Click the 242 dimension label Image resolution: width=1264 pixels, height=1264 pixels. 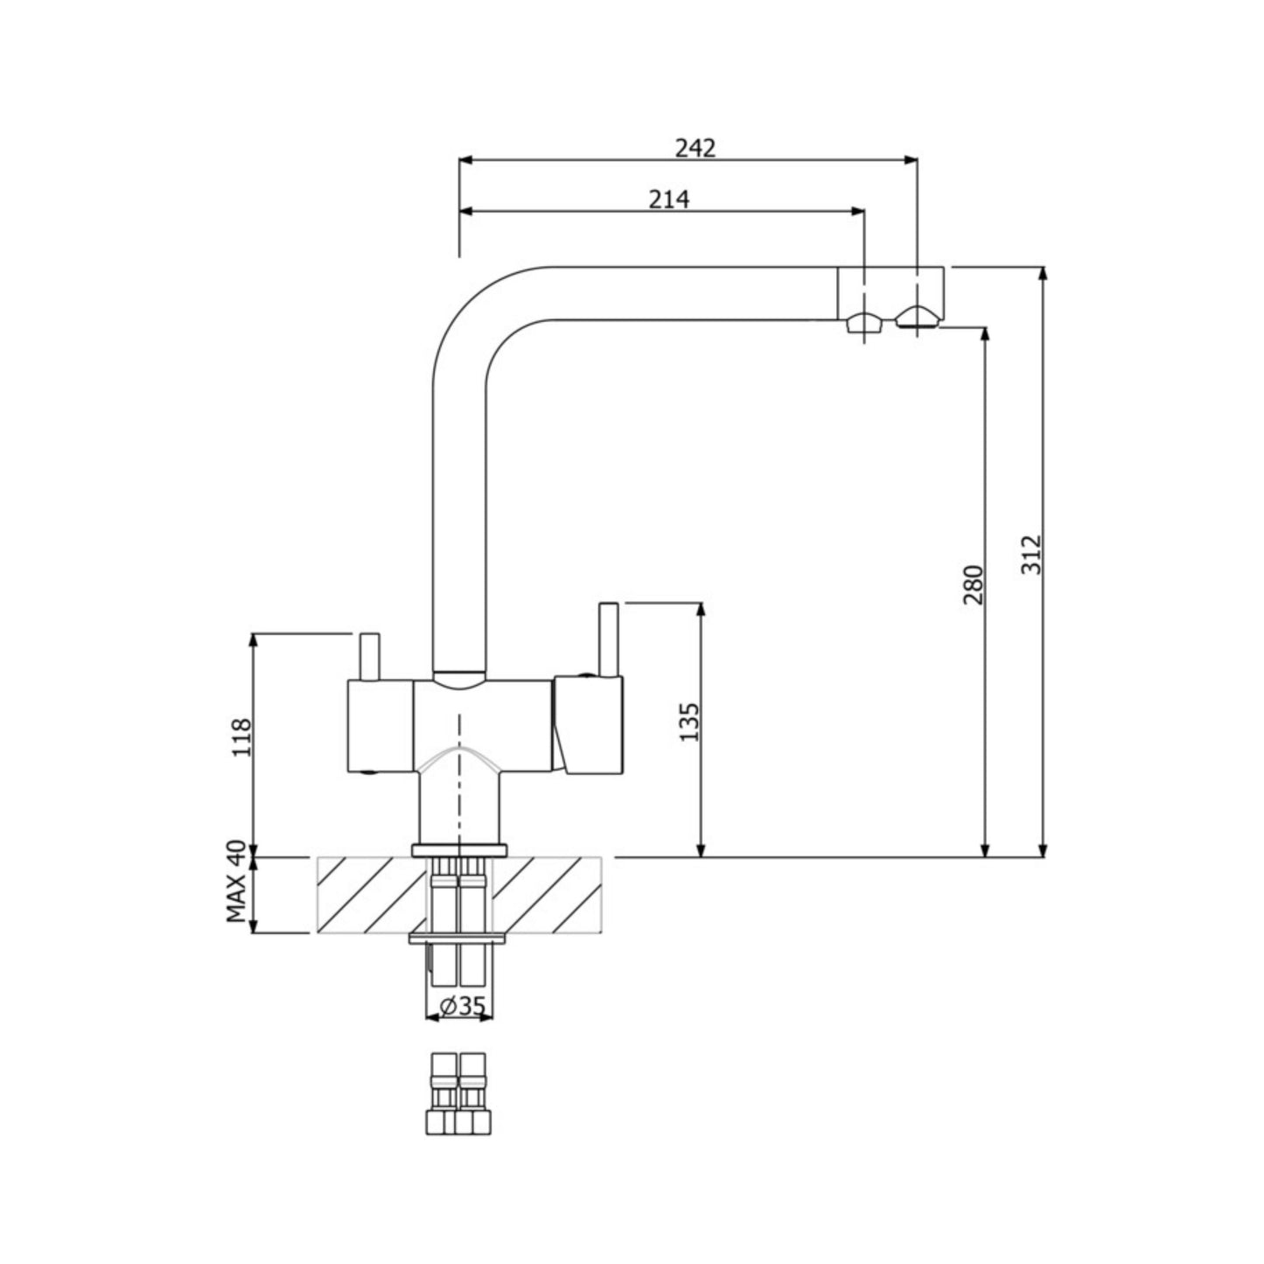pos(695,148)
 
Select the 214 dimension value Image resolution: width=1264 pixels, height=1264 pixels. pos(668,199)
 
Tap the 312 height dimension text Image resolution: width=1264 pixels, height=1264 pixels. pos(1032,554)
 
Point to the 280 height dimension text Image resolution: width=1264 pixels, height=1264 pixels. pos(973,584)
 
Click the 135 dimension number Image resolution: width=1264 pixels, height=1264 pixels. pos(689,721)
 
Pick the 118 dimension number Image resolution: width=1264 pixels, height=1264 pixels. pos(241,737)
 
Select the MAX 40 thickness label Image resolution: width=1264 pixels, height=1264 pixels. pos(234,882)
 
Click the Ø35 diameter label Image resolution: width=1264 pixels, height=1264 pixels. pos(459,1006)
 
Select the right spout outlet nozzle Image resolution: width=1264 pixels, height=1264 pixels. pos(916,318)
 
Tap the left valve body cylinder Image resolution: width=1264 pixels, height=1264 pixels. pos(380,726)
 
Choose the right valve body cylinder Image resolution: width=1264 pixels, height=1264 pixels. pos(590,724)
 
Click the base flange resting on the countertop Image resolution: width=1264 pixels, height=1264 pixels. pos(459,849)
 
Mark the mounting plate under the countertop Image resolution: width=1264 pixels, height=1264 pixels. pos(458,939)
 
